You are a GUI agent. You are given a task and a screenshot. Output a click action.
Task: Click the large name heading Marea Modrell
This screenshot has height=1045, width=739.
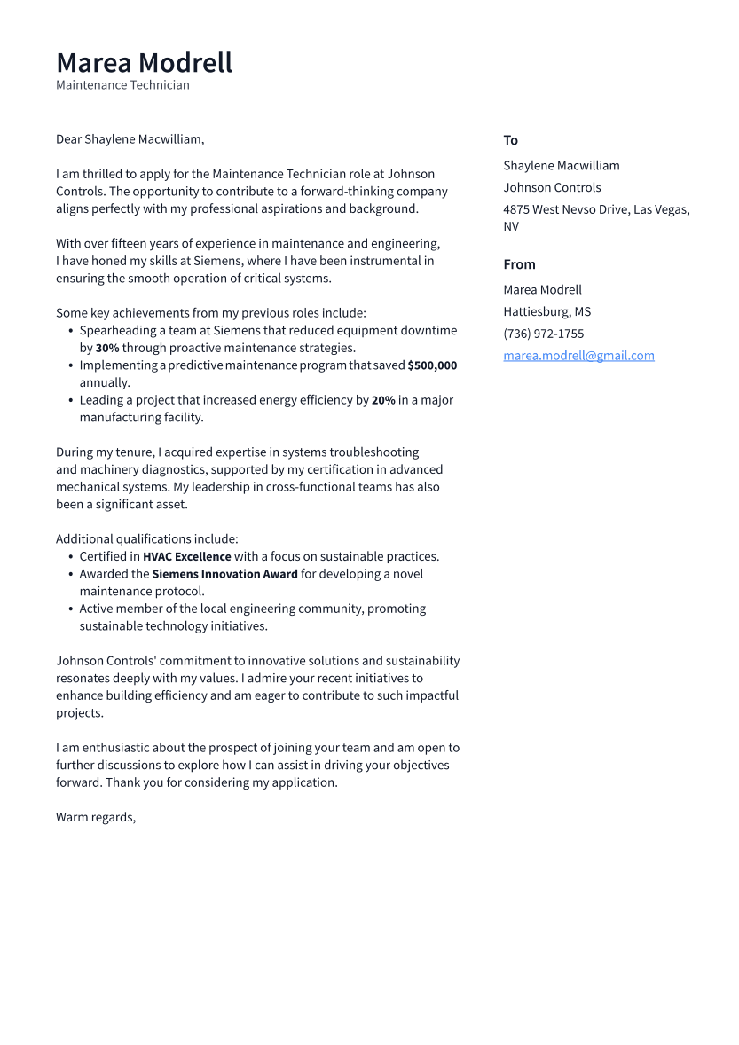[x=144, y=63]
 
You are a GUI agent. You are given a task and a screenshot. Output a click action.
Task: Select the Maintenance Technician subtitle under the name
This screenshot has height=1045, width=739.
[x=122, y=85]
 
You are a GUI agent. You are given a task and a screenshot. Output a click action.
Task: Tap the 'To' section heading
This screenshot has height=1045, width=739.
[x=510, y=140]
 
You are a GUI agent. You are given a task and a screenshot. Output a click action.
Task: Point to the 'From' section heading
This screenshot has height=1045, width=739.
[x=519, y=264]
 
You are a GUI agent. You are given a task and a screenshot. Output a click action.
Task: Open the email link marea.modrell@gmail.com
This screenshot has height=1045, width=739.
[x=578, y=356]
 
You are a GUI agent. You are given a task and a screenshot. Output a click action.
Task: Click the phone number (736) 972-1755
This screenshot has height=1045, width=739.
[x=543, y=334]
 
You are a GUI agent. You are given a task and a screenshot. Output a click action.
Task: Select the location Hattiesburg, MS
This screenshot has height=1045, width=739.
[x=546, y=311]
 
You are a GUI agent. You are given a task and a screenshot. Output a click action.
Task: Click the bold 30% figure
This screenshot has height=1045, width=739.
[x=107, y=348]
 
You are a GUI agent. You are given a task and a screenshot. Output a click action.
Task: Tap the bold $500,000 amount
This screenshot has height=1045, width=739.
[x=432, y=365]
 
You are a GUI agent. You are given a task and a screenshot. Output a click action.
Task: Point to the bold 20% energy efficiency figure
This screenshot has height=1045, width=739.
[x=383, y=400]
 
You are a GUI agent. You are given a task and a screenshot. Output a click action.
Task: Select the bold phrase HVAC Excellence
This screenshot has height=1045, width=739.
[x=186, y=557]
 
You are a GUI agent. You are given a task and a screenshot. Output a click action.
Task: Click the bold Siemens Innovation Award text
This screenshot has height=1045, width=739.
[x=224, y=574]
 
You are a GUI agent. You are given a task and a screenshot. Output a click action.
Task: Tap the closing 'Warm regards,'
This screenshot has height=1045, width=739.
[x=96, y=817]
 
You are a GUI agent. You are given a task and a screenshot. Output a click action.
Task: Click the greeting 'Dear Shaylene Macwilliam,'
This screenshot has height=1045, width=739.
[x=130, y=139]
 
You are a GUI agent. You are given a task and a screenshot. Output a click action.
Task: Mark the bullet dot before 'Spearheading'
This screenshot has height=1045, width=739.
[x=70, y=331]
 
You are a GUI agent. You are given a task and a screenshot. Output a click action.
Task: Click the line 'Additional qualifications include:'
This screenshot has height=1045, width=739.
[x=147, y=539]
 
